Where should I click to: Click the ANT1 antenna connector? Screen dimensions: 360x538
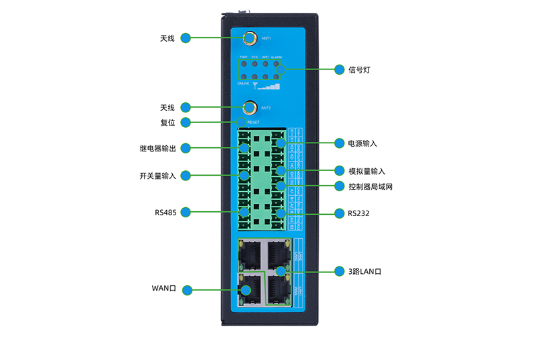[x=249, y=38]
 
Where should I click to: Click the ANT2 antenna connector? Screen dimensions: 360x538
[x=249, y=107]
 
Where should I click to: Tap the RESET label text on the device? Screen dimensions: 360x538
[x=253, y=122]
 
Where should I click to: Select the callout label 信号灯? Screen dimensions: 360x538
[x=360, y=69]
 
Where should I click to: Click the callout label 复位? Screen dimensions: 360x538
[x=167, y=122]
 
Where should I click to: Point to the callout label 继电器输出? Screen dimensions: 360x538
[x=157, y=147]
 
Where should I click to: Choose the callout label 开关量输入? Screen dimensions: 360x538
[x=157, y=176]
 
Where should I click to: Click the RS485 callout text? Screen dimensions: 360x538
[x=165, y=213]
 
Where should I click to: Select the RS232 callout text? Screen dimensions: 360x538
[x=358, y=213]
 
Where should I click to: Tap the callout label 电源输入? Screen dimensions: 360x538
[x=362, y=143]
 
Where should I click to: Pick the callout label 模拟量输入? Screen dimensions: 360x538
[x=366, y=171]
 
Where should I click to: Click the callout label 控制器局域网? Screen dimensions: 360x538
[x=370, y=186]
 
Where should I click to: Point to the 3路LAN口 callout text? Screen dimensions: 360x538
[x=365, y=271]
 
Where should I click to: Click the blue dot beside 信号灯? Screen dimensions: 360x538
[x=340, y=69]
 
